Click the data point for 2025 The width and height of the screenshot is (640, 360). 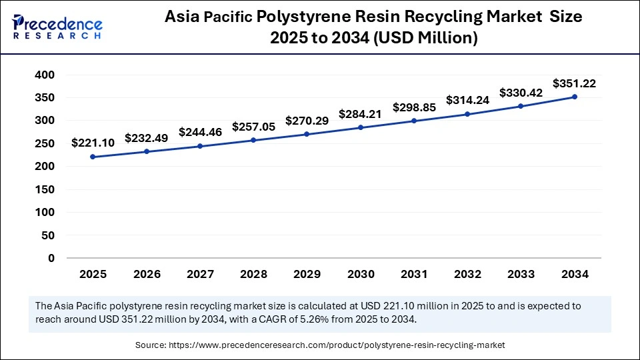click(x=93, y=157)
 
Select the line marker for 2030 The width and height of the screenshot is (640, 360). click(x=361, y=127)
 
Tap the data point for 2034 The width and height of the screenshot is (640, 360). click(x=575, y=97)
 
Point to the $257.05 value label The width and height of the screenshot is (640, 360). click(x=253, y=127)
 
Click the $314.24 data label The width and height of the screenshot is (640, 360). click(x=467, y=101)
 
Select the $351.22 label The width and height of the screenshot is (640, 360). click(x=574, y=83)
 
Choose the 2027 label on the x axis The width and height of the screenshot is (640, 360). click(x=200, y=274)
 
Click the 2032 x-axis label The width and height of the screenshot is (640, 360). click(x=467, y=274)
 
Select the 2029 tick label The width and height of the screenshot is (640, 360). click(x=307, y=274)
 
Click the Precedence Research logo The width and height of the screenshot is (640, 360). click(x=57, y=27)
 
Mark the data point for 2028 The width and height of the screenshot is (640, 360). click(x=253, y=140)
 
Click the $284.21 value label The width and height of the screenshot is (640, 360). click(x=360, y=114)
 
